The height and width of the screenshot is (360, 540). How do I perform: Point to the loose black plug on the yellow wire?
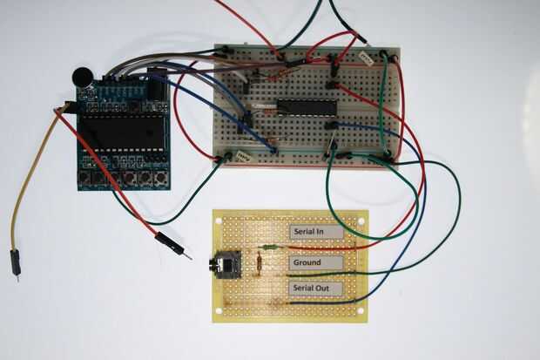16,262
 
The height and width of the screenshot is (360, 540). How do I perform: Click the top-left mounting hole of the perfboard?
220,218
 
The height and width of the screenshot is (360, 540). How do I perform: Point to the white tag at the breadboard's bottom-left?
243,158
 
